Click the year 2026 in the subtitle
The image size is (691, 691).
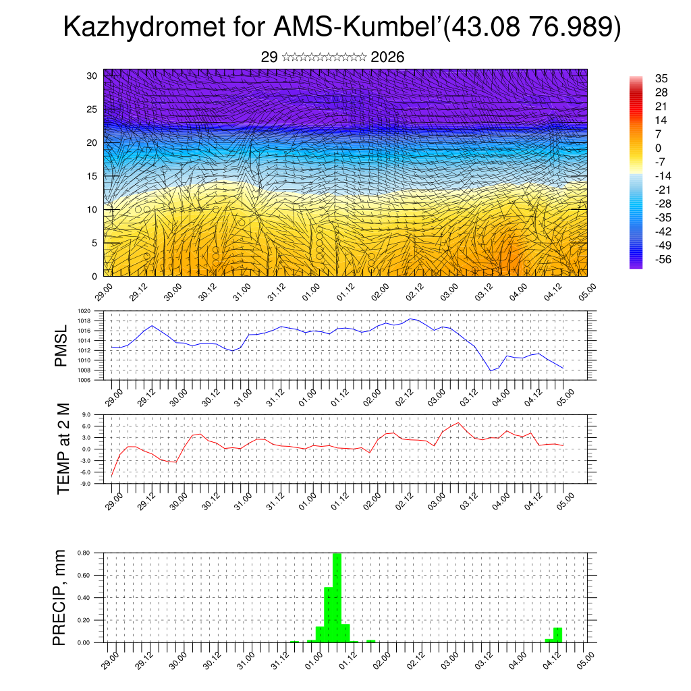(x=387, y=57)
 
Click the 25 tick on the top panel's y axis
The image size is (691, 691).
(x=92, y=109)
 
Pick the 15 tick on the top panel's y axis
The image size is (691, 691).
(x=92, y=176)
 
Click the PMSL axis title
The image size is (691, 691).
(x=62, y=346)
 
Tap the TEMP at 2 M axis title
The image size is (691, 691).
(x=63, y=448)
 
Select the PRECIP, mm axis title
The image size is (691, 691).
(x=61, y=597)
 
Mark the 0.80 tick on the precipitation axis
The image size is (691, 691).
(x=83, y=553)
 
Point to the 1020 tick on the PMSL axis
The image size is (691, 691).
(x=84, y=311)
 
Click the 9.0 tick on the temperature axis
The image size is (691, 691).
(x=86, y=414)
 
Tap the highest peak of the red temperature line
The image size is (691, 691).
(x=459, y=422)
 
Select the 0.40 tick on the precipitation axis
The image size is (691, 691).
(x=83, y=597)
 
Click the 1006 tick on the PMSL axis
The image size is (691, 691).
(x=84, y=380)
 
